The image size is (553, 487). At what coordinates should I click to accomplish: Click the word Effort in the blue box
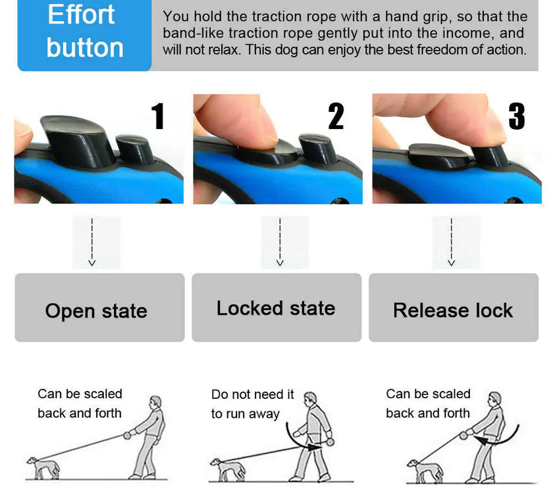81,14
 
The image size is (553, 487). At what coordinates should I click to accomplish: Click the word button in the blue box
85,48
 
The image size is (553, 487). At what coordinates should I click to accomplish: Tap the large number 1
157,116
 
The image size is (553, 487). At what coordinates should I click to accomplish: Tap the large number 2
336,116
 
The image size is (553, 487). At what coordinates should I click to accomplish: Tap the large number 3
517,116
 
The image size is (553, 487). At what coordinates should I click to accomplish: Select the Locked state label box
276,308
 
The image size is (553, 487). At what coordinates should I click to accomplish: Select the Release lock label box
453,308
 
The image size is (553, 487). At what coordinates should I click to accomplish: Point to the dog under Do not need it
227,469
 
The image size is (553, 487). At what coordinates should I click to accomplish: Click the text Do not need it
252,394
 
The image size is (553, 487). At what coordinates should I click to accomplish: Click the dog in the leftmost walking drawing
44,468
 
